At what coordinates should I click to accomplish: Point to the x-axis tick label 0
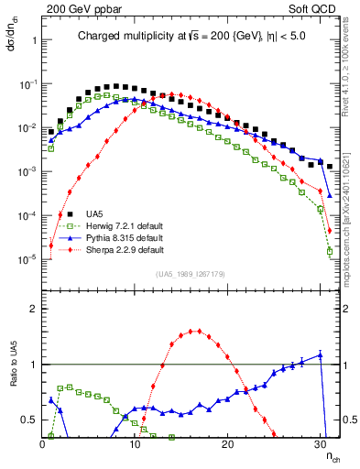tap(43, 443)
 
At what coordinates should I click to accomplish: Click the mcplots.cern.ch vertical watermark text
tap(352, 211)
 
